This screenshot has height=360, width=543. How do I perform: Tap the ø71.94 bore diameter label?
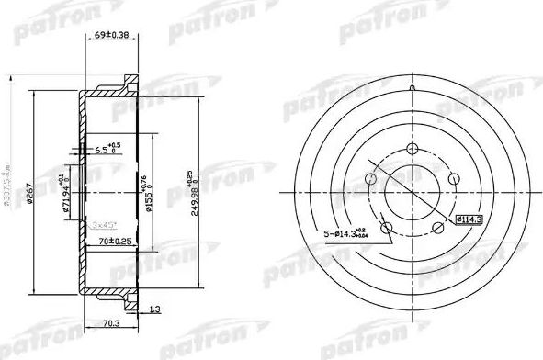pos(67,192)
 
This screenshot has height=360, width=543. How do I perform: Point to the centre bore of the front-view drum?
pos(412,193)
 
